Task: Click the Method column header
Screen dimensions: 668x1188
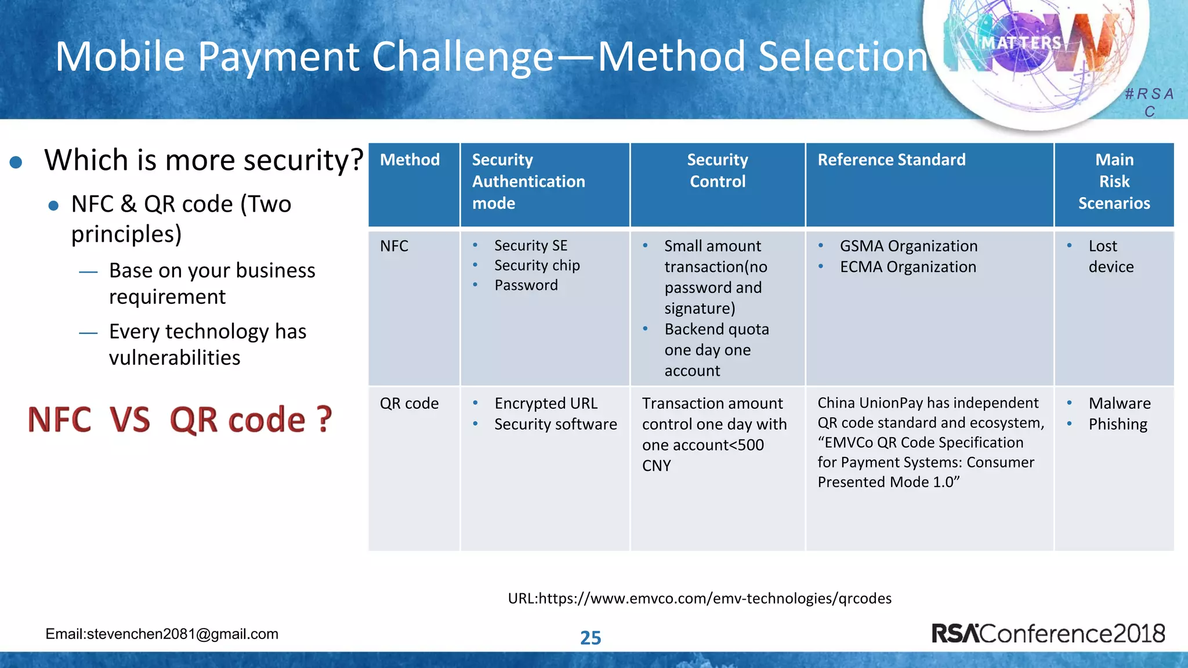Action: (x=410, y=160)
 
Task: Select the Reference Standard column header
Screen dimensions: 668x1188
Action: (x=891, y=160)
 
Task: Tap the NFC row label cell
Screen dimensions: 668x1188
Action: (x=394, y=246)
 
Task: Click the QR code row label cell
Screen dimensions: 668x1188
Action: (x=409, y=404)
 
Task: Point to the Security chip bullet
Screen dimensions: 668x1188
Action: (x=537, y=266)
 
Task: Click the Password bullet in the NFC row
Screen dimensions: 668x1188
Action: (x=526, y=285)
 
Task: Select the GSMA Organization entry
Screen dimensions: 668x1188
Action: (x=908, y=246)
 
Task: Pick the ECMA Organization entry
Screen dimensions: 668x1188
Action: (x=908, y=267)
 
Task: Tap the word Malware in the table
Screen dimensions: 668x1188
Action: (x=1119, y=404)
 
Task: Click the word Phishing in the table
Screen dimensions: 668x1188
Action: (x=1117, y=424)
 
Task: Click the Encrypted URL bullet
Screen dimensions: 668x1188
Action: (x=545, y=404)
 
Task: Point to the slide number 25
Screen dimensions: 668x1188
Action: (x=591, y=638)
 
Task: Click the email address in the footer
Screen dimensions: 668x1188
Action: (x=162, y=634)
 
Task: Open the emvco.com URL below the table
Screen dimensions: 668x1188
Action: (x=700, y=598)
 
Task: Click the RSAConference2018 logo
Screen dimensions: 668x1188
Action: (x=1048, y=633)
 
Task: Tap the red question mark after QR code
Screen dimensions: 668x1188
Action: (x=324, y=420)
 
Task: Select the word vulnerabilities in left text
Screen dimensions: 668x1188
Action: (x=175, y=358)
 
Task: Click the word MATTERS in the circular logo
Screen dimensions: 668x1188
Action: (x=1021, y=43)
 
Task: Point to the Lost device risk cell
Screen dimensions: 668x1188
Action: (x=1110, y=256)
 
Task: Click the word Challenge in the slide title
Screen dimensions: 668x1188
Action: (x=462, y=57)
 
